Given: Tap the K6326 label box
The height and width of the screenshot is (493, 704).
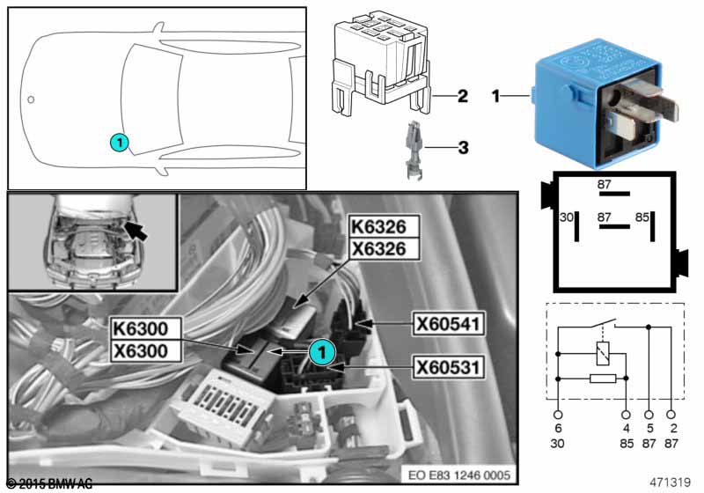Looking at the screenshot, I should click(378, 228).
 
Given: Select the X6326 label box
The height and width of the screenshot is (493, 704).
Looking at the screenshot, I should click(378, 250).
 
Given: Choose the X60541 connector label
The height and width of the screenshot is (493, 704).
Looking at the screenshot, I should click(448, 324).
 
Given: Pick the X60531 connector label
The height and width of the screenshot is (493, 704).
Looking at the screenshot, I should click(447, 364).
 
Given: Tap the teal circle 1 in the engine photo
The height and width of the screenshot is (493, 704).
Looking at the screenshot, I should click(322, 351).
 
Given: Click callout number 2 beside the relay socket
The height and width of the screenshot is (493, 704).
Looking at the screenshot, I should click(462, 96).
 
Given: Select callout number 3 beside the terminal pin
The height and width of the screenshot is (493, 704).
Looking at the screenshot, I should click(462, 149).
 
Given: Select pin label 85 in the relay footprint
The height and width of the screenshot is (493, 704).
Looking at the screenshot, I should click(643, 217).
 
